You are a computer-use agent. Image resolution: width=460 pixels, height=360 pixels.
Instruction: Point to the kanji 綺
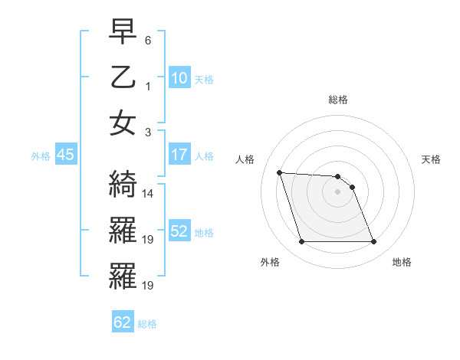coord(123,183)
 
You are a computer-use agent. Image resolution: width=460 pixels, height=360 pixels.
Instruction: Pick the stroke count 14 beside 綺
coord(149,193)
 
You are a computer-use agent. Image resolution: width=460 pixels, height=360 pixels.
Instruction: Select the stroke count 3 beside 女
coord(148,132)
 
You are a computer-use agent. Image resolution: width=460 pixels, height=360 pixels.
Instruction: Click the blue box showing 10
coord(179,78)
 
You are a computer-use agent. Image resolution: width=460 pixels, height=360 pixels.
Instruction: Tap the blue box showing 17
coord(179,155)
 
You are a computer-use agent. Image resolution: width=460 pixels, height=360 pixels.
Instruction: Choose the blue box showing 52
coord(179,231)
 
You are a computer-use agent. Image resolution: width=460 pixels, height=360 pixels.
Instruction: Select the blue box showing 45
coord(65,155)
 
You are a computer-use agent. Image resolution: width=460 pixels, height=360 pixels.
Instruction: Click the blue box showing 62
coord(123,322)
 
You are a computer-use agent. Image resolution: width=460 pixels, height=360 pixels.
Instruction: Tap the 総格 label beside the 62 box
coord(147,324)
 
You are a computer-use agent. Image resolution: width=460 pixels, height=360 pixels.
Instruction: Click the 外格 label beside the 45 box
coord(41,155)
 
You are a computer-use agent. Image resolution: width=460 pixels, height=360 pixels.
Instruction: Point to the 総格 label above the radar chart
coord(338,100)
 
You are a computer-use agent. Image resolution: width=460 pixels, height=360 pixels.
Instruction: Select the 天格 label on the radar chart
coord(432,159)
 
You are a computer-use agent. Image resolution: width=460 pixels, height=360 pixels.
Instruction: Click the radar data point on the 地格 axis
coord(373,242)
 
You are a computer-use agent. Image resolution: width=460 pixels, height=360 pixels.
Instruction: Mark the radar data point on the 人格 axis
coord(279,172)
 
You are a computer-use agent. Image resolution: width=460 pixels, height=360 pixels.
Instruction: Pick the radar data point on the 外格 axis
coord(301,242)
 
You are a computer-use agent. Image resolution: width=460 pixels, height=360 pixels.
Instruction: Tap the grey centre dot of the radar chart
coord(338,191)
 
